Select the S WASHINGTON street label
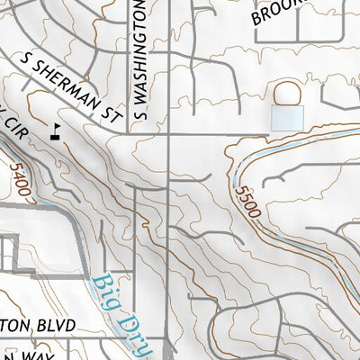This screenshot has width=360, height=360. (139, 58)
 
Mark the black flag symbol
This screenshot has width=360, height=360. (58, 130)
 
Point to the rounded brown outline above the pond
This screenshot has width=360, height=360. (286, 92)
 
